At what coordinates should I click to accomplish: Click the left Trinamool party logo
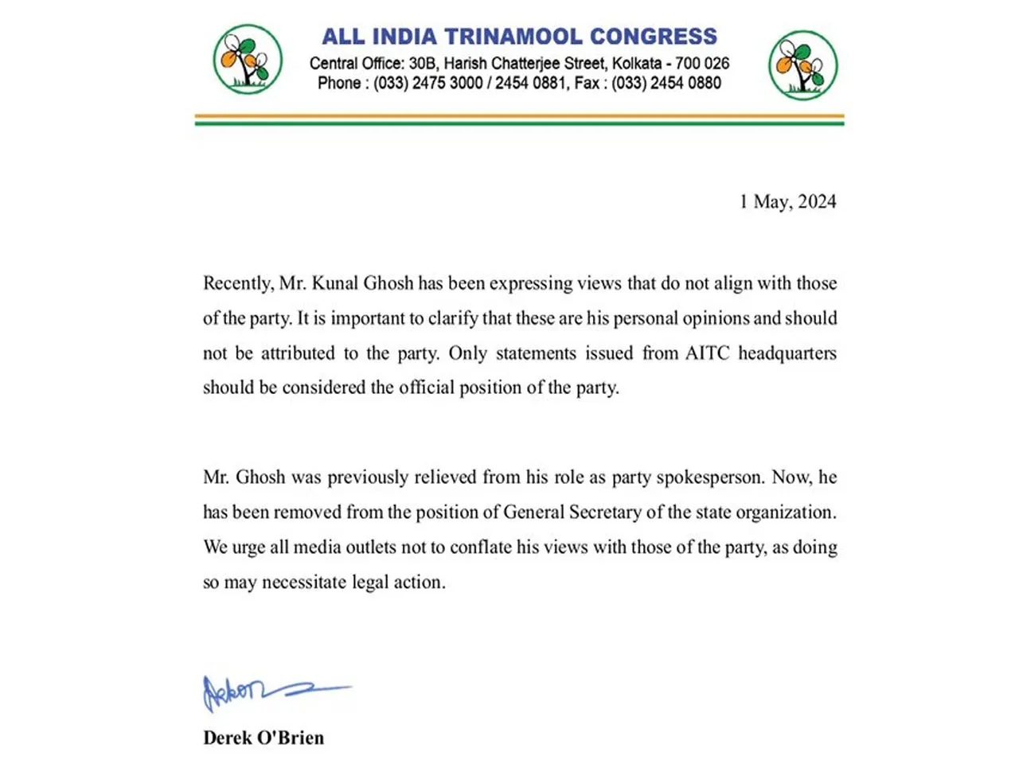(248, 60)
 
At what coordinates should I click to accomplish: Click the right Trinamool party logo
(802, 65)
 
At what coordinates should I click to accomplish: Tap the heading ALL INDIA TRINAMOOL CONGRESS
(519, 37)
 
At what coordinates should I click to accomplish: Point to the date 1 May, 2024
(787, 201)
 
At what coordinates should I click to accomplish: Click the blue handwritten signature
(271, 691)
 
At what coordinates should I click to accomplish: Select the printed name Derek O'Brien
(264, 738)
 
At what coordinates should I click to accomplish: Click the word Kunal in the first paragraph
(336, 283)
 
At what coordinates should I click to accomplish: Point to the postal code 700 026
(702, 64)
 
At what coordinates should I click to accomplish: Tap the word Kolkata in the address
(636, 64)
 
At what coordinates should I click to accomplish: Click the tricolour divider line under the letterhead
(519, 120)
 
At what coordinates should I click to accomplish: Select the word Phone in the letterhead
(339, 84)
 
